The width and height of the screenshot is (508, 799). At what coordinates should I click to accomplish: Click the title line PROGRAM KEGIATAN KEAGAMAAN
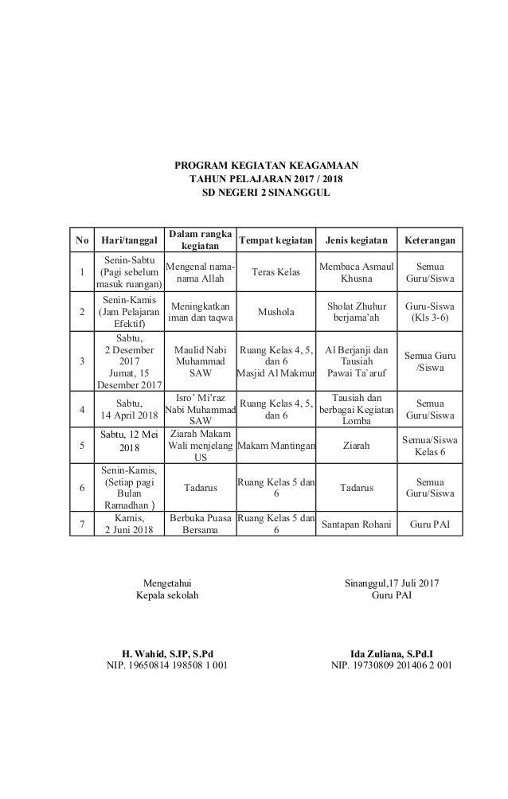[x=266, y=166]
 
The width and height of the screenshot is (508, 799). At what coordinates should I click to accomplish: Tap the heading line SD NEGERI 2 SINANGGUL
[x=266, y=193]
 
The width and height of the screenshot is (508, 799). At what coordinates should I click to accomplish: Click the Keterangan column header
[x=430, y=239]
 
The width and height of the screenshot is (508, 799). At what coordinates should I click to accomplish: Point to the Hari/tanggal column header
[x=127, y=239]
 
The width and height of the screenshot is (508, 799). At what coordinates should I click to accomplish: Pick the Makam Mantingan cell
[x=275, y=446]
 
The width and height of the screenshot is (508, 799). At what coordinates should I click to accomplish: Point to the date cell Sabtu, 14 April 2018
[x=127, y=409]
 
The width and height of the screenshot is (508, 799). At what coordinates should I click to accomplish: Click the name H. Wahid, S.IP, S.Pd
[x=167, y=652]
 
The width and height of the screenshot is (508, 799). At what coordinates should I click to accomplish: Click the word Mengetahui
[x=167, y=584]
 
